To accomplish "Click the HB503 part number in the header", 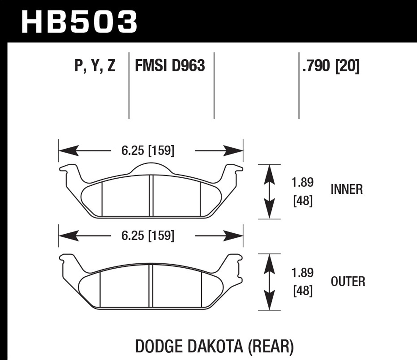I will pyautogui.click(x=79, y=21).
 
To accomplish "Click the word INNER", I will pyautogui.click(x=347, y=189).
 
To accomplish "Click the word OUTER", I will pyautogui.click(x=348, y=281).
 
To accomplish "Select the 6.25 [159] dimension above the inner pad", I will pyautogui.click(x=148, y=151).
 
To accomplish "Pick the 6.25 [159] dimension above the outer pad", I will pyautogui.click(x=148, y=236).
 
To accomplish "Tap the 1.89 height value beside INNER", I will pyautogui.click(x=302, y=182).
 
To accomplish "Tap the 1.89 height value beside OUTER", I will pyautogui.click(x=302, y=273).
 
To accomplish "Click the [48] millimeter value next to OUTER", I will pyautogui.click(x=303, y=291).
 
